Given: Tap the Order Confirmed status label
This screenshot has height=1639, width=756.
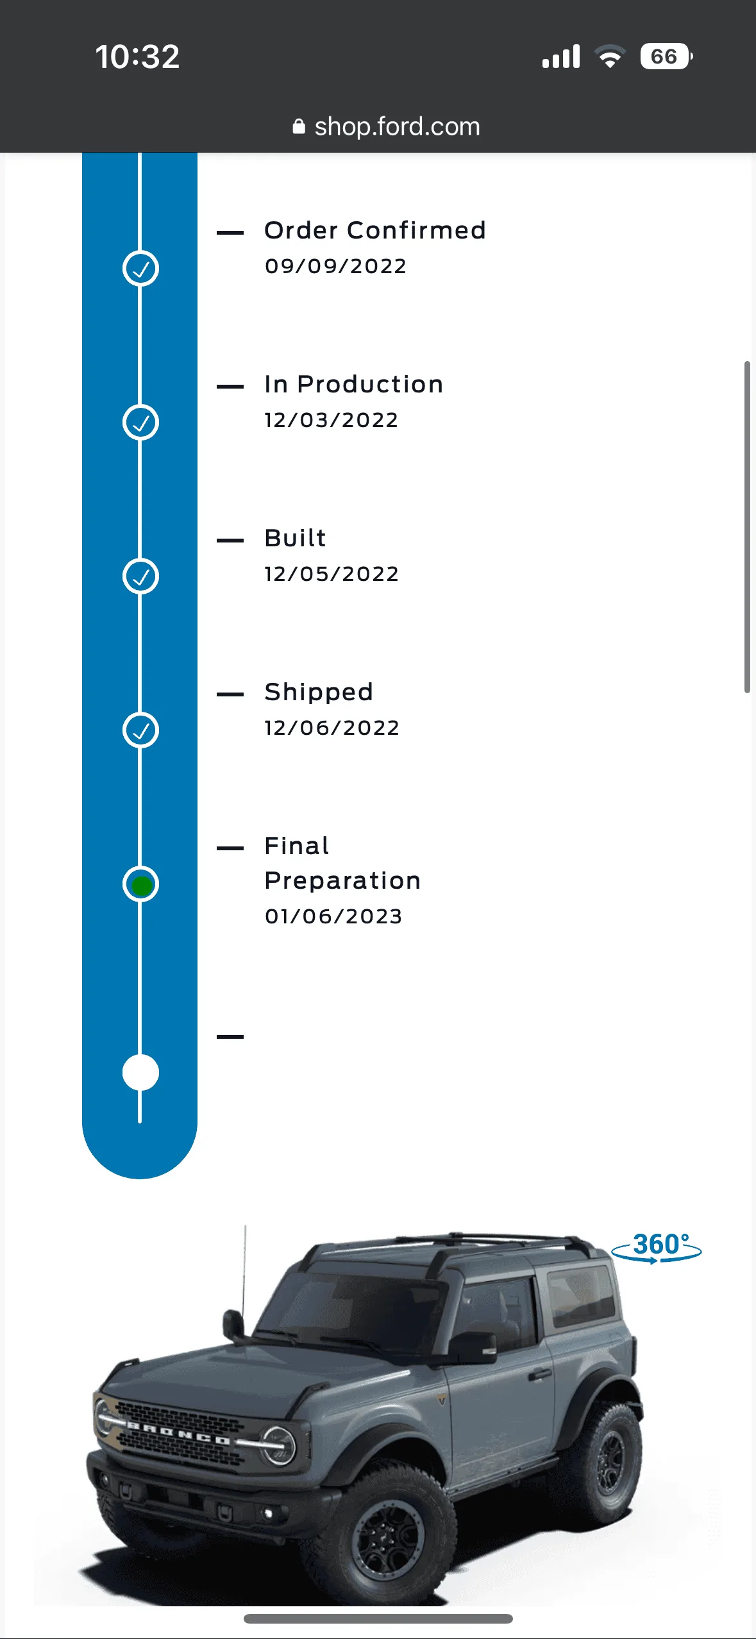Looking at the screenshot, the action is click(x=375, y=230).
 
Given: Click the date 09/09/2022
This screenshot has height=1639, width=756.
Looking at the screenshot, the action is click(x=335, y=266).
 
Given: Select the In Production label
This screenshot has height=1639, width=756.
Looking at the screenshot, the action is click(x=354, y=384).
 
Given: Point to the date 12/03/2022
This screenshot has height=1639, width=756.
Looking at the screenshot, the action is click(x=332, y=420).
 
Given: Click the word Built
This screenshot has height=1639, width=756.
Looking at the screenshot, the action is click(x=296, y=538).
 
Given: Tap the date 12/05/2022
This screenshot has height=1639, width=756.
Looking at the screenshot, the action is click(x=332, y=574).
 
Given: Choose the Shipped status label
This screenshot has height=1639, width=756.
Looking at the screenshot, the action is click(x=319, y=693).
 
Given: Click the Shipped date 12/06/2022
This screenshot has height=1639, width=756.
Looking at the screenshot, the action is click(x=332, y=728).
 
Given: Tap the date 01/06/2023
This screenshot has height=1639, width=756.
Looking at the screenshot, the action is click(x=333, y=916).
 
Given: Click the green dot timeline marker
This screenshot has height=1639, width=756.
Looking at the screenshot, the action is click(x=141, y=885).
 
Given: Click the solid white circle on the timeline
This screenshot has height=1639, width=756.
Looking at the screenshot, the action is click(x=141, y=1073).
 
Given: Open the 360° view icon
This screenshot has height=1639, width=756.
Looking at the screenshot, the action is click(x=657, y=1247).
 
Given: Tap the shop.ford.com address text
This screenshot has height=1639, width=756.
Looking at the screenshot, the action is click(x=397, y=127).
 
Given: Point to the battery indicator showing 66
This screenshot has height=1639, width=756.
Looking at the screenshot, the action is click(x=666, y=56).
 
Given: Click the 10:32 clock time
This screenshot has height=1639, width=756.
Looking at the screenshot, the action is click(x=137, y=56).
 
